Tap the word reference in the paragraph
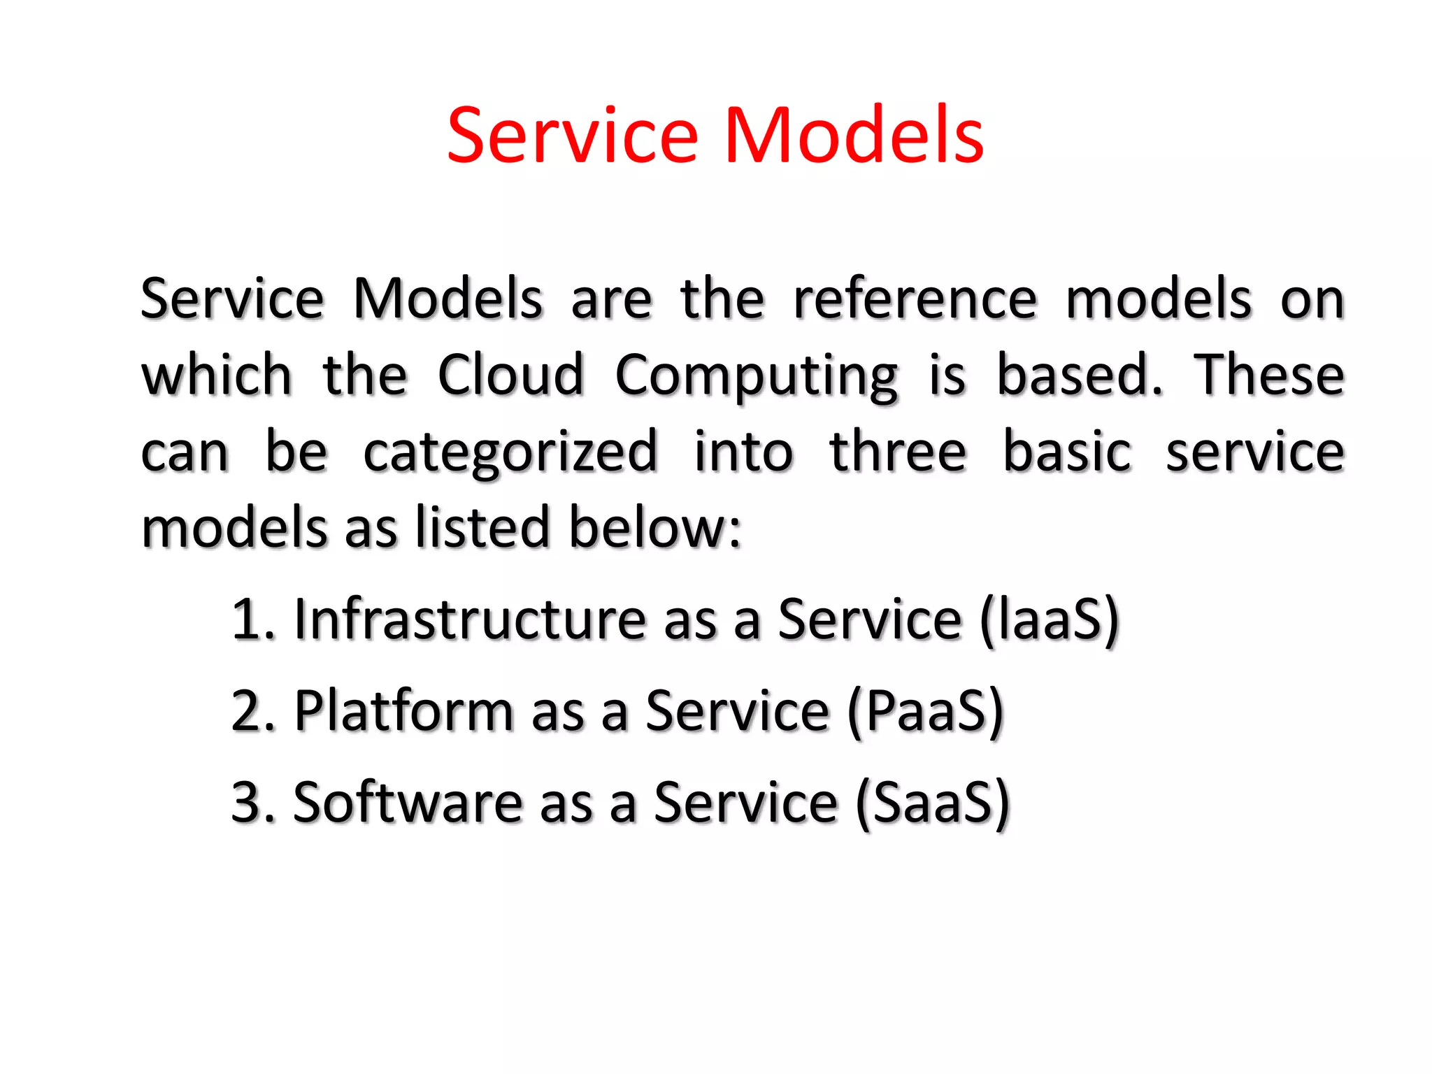915,299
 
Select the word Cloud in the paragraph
510,375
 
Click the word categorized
510,453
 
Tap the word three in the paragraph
898,452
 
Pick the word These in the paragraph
1268,375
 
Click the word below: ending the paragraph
654,528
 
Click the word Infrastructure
470,620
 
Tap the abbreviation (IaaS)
1049,620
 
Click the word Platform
404,711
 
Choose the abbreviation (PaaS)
925,711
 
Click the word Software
408,803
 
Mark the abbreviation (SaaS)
933,803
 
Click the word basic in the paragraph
1066,452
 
